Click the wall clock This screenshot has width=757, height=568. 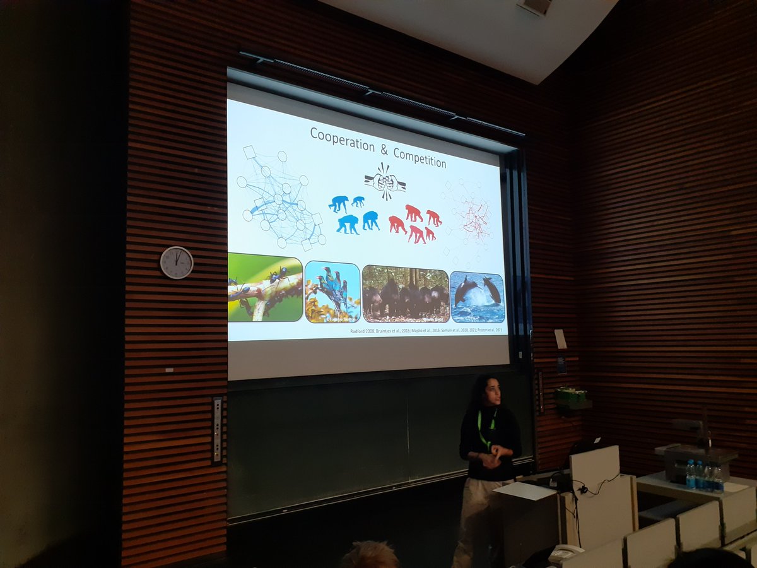(176, 263)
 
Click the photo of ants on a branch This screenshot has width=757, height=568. (264, 287)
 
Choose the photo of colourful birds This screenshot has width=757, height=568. (332, 292)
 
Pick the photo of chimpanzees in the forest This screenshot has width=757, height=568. (406, 294)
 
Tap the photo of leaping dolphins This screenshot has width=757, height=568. (478, 297)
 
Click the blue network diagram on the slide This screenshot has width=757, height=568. (280, 198)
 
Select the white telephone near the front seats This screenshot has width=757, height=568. (565, 554)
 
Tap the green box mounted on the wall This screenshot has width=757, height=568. (572, 397)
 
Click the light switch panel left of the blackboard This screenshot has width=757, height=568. (217, 430)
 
